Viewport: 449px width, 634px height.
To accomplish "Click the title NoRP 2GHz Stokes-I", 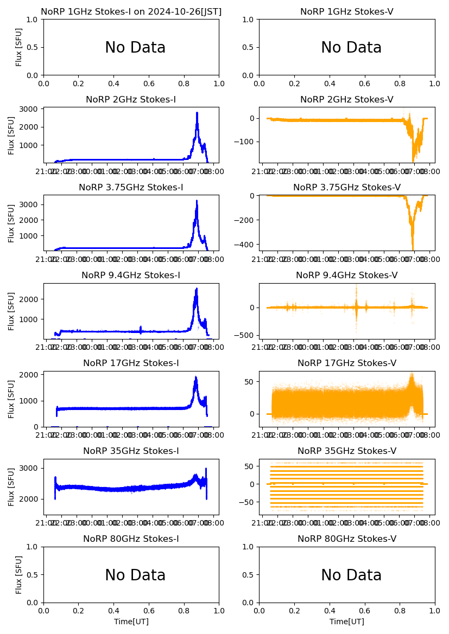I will [131, 99].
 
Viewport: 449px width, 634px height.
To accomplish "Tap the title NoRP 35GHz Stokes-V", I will [347, 451].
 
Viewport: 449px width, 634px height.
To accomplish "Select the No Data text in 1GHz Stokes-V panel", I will [351, 47].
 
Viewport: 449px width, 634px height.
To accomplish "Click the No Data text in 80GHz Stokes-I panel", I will [135, 575].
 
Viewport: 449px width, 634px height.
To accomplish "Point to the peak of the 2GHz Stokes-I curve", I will [197, 113].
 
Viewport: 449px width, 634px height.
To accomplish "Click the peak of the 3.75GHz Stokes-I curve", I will [197, 201].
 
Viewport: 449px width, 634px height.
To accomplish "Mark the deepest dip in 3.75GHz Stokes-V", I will [413, 249].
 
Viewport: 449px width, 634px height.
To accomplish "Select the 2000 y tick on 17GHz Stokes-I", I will [30, 375].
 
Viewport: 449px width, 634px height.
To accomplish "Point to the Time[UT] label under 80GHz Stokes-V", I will [347, 622].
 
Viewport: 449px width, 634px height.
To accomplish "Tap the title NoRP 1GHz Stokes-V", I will [347, 11].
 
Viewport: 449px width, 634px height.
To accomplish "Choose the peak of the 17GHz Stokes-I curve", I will [196, 377].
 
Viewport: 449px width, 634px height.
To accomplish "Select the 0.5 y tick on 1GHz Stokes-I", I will [33, 47].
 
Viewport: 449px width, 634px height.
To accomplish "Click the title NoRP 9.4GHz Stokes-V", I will [347, 275].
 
